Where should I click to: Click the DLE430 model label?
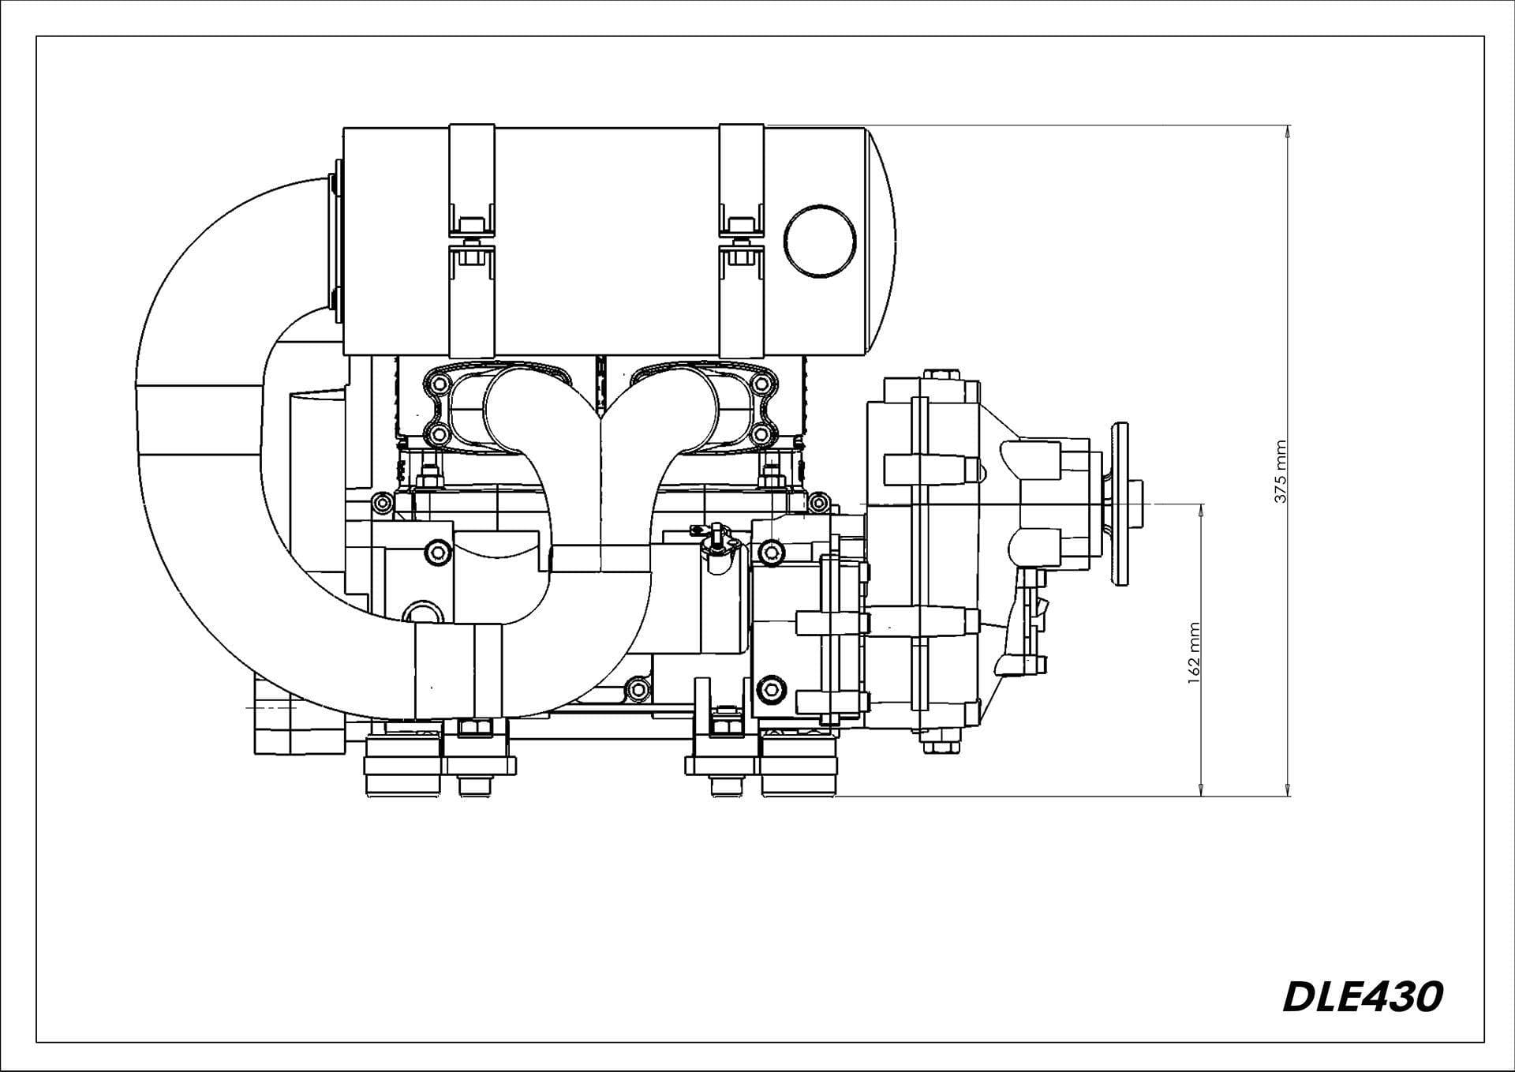click(x=1362, y=998)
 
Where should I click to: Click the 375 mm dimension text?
click(x=1281, y=471)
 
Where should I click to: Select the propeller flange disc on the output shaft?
click(x=1118, y=504)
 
